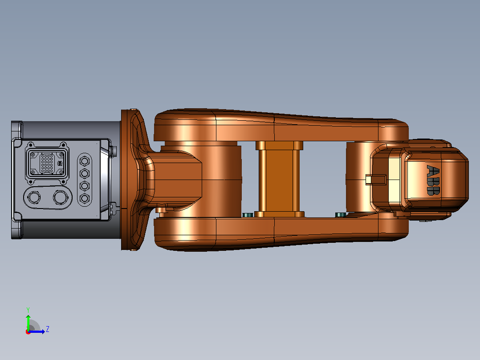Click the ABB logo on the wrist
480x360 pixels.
pyautogui.click(x=433, y=180)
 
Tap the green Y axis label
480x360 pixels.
pyautogui.click(x=28, y=310)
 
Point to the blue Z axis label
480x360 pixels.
pyautogui.click(x=48, y=329)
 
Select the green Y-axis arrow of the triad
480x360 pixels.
pyautogui.click(x=28, y=323)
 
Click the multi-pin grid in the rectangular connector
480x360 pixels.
pyautogui.click(x=47, y=163)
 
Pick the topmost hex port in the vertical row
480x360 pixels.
pyautogui.click(x=85, y=161)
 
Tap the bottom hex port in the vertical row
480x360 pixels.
pyautogui.click(x=85, y=198)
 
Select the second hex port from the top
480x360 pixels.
pyautogui.click(x=85, y=173)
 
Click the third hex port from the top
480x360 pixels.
pyautogui.click(x=85, y=186)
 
